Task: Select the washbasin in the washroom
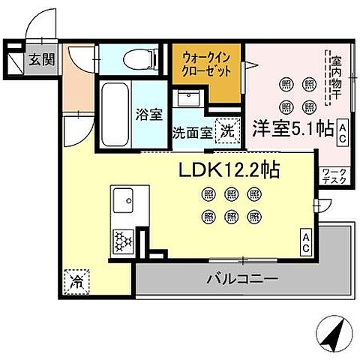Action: (x=187, y=100)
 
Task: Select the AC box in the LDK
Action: (x=307, y=241)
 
